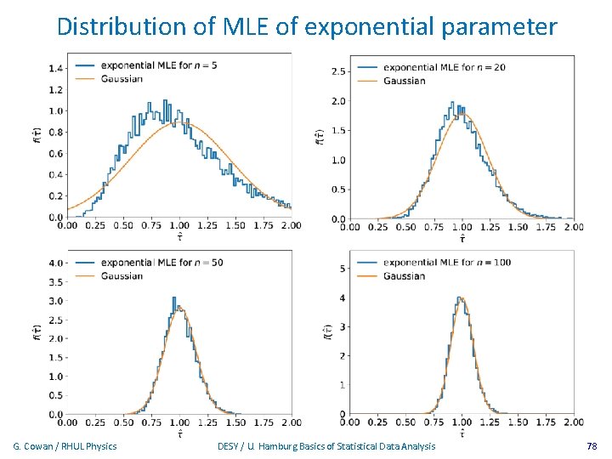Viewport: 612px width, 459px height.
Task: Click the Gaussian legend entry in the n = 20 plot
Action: (x=404, y=81)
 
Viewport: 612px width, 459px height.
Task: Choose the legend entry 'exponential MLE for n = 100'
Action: (x=446, y=263)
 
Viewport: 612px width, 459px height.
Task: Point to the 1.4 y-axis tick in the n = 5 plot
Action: (x=55, y=68)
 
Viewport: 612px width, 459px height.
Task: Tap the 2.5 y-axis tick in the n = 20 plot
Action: (x=337, y=71)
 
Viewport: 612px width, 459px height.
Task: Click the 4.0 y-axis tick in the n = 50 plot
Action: (x=55, y=263)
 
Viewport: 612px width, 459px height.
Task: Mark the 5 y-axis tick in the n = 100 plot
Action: (x=342, y=269)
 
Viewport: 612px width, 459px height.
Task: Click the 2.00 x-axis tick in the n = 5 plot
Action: (x=291, y=226)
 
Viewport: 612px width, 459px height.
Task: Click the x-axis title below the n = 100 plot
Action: (x=462, y=433)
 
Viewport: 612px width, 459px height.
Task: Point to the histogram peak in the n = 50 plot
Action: (x=174, y=298)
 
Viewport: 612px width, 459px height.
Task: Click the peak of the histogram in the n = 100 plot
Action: (x=460, y=298)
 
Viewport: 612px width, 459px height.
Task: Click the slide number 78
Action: (x=592, y=446)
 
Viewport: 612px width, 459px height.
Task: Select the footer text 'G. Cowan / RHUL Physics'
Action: (x=65, y=446)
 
